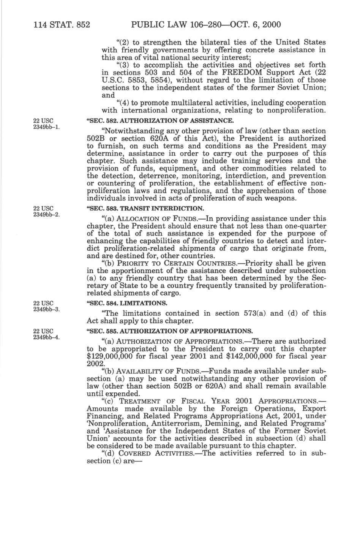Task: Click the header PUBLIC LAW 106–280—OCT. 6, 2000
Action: (205, 25)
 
